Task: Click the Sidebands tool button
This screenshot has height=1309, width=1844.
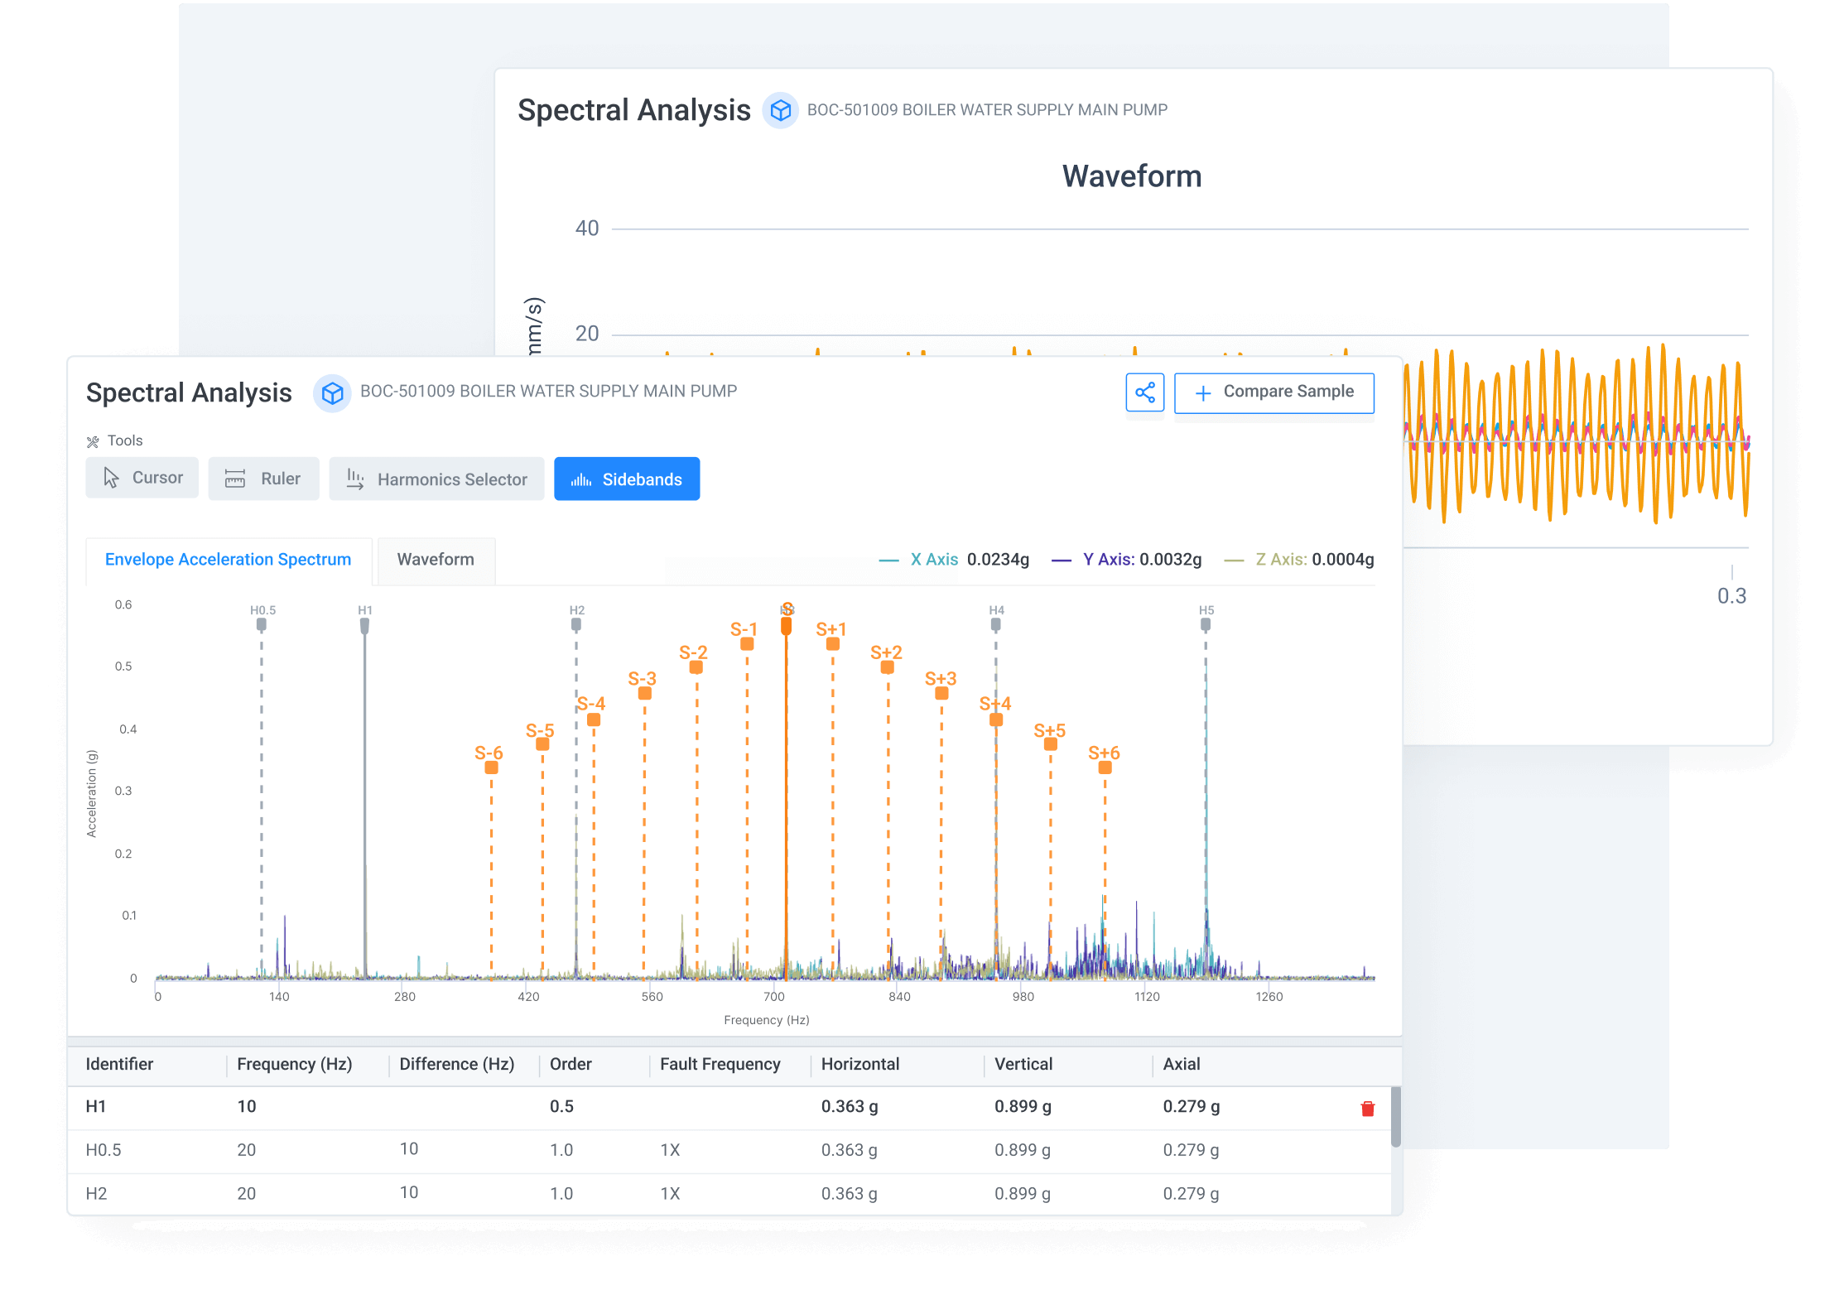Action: (x=627, y=479)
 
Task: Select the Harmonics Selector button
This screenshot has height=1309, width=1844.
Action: (x=436, y=479)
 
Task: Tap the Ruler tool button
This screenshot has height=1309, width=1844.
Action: (x=263, y=479)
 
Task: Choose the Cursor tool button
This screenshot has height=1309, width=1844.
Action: (x=142, y=478)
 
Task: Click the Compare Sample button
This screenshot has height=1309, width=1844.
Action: (x=1273, y=392)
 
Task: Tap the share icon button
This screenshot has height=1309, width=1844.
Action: (x=1144, y=392)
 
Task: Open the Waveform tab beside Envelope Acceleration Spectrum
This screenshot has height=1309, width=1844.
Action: (x=436, y=560)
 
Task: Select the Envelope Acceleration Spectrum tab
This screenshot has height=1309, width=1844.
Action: (x=228, y=560)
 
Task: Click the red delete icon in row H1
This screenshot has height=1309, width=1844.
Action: (x=1367, y=1109)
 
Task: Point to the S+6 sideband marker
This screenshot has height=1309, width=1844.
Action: (x=1105, y=767)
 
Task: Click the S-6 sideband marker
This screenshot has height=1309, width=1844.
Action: (x=491, y=767)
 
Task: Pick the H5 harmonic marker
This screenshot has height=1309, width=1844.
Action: (x=1206, y=623)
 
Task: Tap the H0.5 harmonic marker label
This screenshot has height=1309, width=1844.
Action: (x=262, y=610)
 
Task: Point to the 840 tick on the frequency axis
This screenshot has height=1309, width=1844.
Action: (x=899, y=997)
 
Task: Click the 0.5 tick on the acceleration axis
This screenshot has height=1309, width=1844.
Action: (x=123, y=667)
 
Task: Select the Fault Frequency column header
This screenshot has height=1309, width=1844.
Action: (x=720, y=1065)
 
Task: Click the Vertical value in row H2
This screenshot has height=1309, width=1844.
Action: (x=1023, y=1194)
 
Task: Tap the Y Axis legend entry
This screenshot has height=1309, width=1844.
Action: (x=1127, y=560)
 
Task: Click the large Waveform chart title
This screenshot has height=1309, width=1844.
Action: (x=1131, y=176)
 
